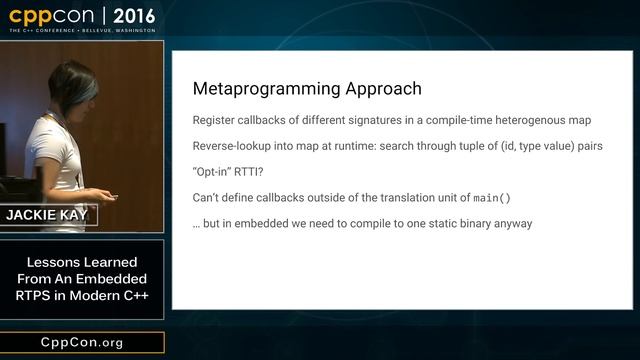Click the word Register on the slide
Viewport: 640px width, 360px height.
217,121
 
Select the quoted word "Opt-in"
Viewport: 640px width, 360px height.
215,172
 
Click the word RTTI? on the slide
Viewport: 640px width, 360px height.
260,172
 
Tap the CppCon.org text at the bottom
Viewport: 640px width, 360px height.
82,343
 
